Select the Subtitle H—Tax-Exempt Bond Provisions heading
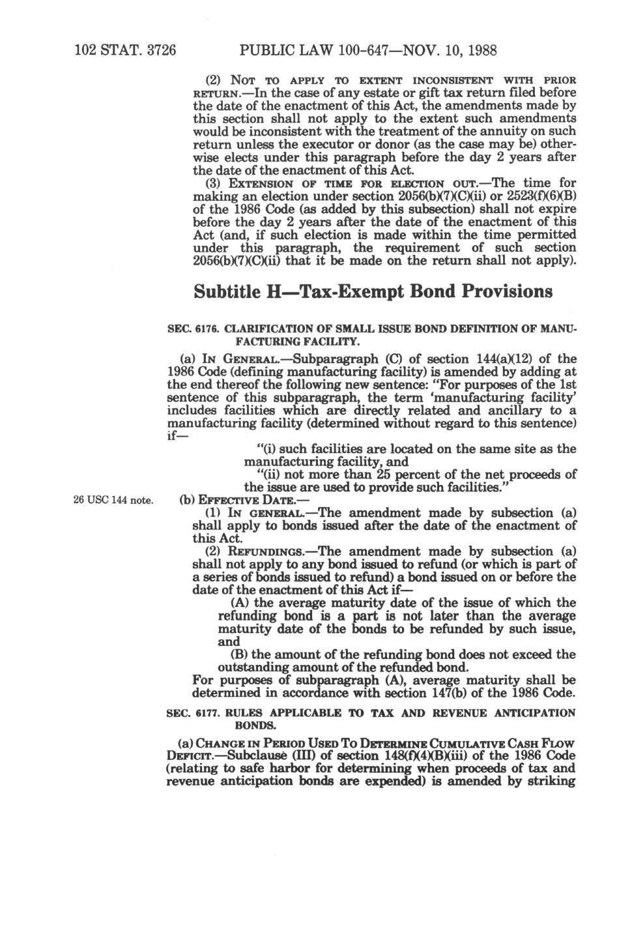373,291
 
